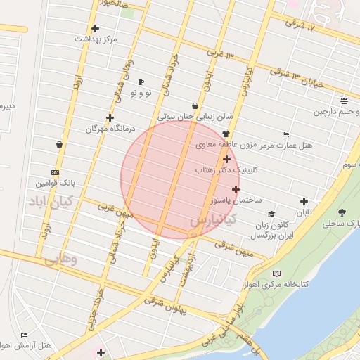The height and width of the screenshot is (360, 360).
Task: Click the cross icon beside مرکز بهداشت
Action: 95,29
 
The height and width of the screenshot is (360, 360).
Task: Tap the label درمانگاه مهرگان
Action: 115,129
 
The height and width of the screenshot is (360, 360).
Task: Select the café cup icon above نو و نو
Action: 141,82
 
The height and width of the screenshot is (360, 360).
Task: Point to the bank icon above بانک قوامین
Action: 56,172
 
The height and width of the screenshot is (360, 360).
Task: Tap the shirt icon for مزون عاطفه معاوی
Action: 226,134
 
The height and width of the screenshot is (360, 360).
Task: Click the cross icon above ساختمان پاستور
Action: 236,189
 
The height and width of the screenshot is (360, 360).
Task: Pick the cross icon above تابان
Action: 304,201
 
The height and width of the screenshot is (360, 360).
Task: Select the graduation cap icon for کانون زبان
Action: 271,214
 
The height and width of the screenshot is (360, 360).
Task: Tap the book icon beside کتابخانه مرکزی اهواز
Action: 276,273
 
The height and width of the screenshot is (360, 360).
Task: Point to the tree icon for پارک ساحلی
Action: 342,212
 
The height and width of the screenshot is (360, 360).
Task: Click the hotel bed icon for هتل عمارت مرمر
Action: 285,134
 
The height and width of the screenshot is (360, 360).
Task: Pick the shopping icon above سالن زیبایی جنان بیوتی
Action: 195,106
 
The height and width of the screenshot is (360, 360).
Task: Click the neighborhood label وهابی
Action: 60,259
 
